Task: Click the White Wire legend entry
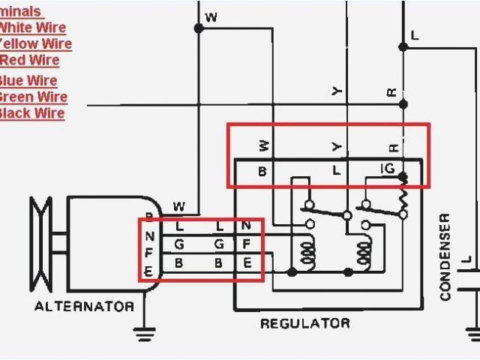click(x=33, y=28)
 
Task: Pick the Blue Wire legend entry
click(x=28, y=81)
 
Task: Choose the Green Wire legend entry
click(x=33, y=97)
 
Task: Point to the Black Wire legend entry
click(x=31, y=113)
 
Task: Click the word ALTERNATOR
click(x=84, y=306)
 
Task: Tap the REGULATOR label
click(x=304, y=324)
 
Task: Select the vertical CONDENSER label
click(x=445, y=257)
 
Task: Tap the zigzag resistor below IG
click(x=403, y=201)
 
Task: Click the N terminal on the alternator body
click(x=148, y=238)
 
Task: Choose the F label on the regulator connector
click(x=247, y=244)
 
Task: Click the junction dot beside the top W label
click(x=199, y=28)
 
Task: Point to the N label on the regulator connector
click(x=247, y=226)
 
